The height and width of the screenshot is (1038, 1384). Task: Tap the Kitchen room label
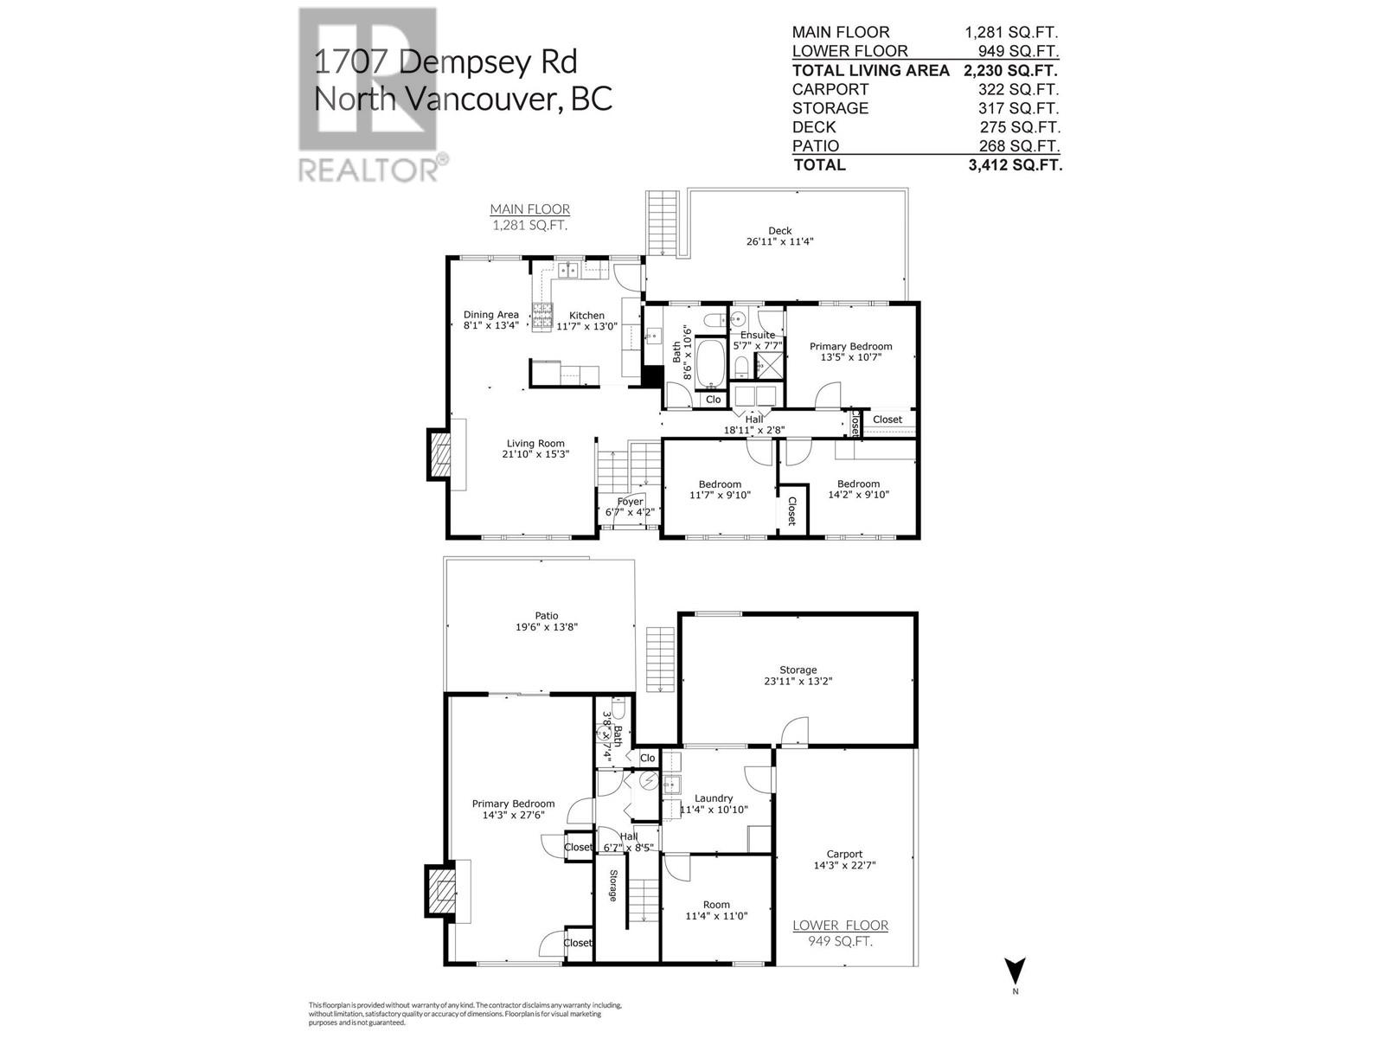pos(586,316)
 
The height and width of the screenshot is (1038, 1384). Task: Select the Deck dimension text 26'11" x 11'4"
pos(779,241)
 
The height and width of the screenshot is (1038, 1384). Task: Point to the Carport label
pos(844,854)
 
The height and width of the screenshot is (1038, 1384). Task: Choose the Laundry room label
pos(714,798)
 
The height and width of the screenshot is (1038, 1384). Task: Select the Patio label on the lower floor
pos(546,616)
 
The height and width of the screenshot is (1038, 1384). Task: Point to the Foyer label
pos(630,502)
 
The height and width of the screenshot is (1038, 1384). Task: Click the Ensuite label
pos(757,335)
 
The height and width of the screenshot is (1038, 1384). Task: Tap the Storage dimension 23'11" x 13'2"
pos(798,681)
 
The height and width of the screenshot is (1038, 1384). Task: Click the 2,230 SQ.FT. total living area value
pos(1010,71)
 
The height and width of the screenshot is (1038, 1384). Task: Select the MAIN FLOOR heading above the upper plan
pos(529,209)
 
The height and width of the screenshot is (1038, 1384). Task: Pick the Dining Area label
pos(490,315)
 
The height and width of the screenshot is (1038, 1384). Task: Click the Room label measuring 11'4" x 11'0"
pos(716,905)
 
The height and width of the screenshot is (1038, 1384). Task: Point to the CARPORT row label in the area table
pos(830,90)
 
